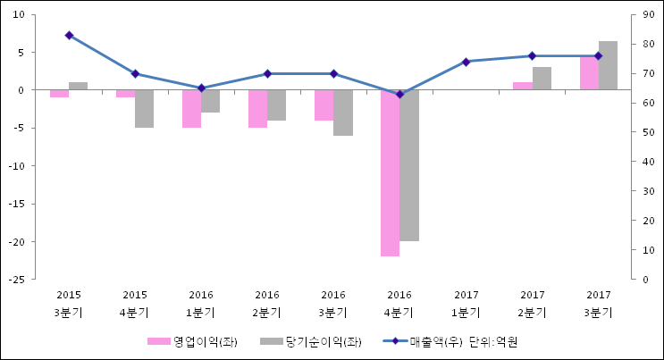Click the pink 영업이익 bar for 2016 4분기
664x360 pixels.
(390, 172)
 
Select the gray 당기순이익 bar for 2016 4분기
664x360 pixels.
(409, 165)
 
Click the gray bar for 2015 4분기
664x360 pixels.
(145, 109)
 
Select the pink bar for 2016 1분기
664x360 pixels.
(191, 109)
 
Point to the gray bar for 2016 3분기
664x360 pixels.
(343, 113)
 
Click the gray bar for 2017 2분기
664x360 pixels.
(542, 79)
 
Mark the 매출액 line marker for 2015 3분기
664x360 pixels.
(69, 36)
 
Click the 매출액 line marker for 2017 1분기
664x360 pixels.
(466, 62)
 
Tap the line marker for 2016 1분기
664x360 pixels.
(201, 88)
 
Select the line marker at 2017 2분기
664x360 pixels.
(532, 56)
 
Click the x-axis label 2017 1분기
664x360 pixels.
(466, 303)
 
